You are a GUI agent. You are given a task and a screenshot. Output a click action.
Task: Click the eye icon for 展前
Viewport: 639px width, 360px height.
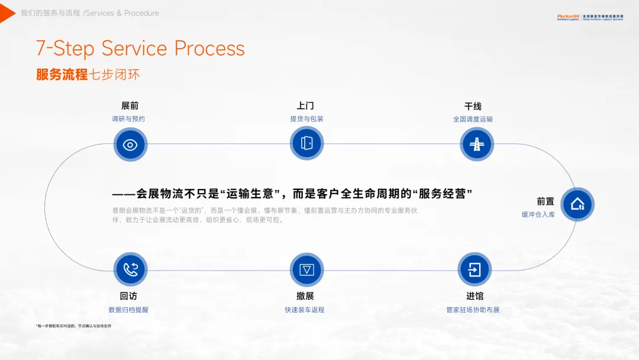pos(130,144)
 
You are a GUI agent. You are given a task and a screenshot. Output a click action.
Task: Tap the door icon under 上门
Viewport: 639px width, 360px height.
pos(306,143)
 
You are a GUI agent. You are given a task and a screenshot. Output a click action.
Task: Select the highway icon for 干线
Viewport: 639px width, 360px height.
pos(476,144)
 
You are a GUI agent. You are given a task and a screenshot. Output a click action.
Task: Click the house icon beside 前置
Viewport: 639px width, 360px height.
pos(577,204)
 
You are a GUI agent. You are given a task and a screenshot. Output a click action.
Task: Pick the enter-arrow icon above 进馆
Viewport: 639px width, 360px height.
pos(475,269)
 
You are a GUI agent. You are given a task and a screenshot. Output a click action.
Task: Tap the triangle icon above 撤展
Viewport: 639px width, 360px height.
pos(306,269)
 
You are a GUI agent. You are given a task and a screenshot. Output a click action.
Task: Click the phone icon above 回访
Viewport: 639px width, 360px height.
pos(130,269)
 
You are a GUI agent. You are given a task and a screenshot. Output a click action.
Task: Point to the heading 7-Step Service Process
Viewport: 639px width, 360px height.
pos(140,49)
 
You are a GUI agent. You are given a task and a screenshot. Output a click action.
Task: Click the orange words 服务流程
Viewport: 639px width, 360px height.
pos(62,75)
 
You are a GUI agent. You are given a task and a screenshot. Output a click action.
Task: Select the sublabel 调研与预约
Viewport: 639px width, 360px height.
pos(128,119)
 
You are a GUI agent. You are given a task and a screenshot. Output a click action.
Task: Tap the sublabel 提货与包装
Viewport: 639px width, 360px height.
pos(306,119)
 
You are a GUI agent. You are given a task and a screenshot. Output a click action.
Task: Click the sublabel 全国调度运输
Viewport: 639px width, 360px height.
pos(473,119)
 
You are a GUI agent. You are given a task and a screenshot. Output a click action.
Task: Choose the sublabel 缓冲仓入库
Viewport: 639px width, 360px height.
pos(538,214)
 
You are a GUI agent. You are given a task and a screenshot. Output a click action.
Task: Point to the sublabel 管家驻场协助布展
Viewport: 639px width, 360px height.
pos(473,310)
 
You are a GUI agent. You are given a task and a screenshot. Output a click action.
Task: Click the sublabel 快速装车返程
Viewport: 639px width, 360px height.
pos(305,310)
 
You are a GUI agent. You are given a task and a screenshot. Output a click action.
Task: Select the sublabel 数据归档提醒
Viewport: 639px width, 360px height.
pos(128,310)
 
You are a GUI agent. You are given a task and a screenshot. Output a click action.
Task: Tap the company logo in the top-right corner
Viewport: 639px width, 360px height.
pos(590,17)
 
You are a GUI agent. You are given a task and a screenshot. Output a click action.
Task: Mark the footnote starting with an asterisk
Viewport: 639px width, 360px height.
pos(73,326)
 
